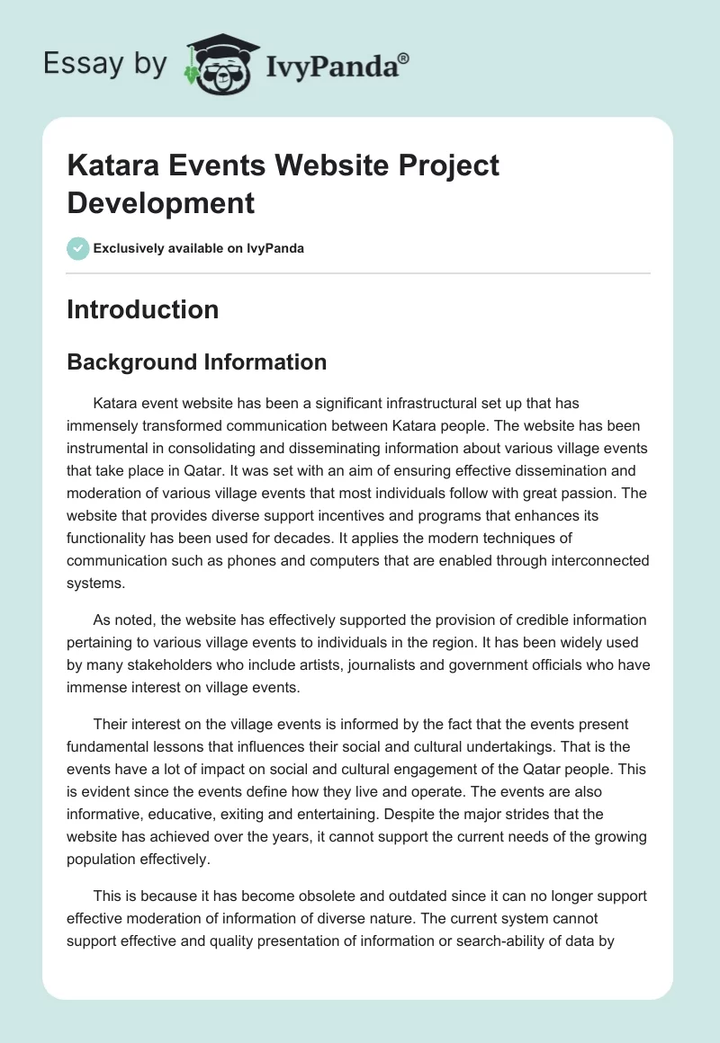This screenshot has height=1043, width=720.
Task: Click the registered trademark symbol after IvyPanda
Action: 404,58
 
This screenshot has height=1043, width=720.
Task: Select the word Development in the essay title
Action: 161,202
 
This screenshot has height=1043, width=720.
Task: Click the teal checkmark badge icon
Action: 77,248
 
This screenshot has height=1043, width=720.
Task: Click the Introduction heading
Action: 143,309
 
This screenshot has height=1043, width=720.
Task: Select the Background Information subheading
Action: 197,362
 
